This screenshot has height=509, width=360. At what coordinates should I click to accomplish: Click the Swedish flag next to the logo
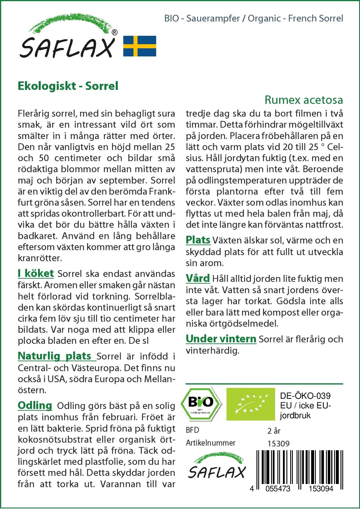[140, 46]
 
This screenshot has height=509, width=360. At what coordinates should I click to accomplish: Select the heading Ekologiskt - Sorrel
[68, 86]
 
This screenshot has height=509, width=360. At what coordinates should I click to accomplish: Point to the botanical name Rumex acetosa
[304, 100]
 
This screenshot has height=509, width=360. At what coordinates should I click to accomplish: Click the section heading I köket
[36, 273]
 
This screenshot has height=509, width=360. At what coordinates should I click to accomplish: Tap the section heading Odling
[35, 405]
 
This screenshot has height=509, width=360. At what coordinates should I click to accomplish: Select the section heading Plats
[198, 240]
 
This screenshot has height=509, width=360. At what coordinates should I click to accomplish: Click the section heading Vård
[198, 278]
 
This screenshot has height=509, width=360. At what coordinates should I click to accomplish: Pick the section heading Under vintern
[221, 339]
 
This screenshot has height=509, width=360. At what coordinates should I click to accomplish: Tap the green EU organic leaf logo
[250, 404]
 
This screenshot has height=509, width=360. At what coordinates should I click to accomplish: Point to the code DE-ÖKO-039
[305, 396]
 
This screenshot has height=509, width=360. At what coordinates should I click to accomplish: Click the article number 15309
[278, 444]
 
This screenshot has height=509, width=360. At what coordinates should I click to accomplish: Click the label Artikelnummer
[211, 443]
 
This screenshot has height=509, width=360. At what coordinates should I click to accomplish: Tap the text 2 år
[274, 431]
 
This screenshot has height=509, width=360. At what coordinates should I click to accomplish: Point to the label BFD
[192, 430]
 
